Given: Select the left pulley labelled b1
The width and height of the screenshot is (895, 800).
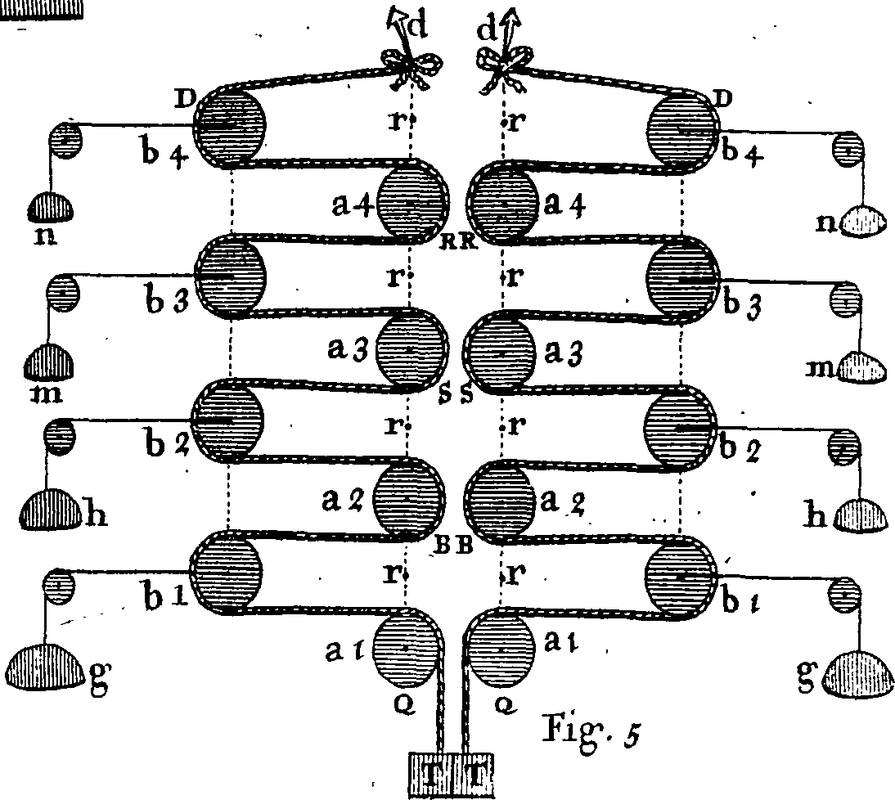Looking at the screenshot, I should click(226, 570).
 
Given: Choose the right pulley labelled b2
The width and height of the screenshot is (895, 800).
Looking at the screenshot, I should click(680, 425).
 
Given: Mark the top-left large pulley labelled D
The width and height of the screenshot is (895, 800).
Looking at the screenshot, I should click(230, 126).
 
